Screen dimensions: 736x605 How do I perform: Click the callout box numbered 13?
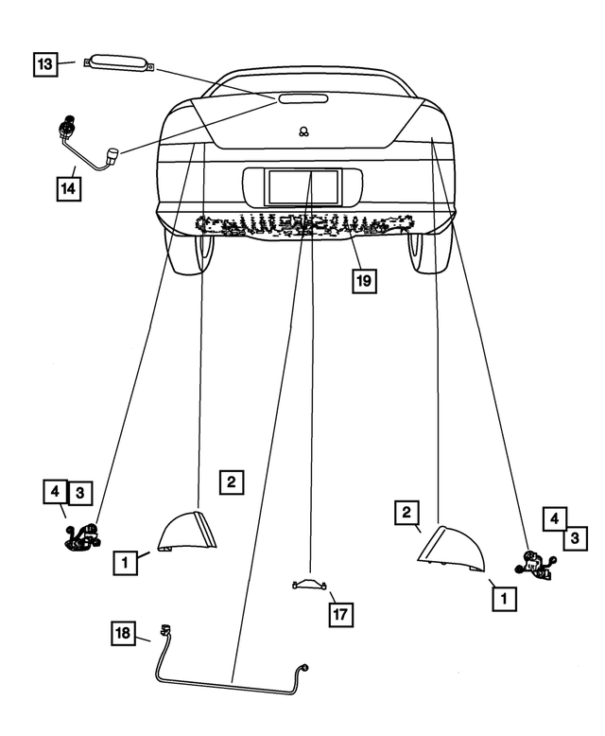(x=45, y=64)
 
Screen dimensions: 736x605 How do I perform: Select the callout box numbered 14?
(x=67, y=187)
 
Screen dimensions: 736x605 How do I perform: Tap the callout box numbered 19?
(x=365, y=280)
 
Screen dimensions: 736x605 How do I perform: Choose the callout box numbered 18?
(x=125, y=633)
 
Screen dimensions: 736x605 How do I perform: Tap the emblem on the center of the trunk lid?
(x=302, y=132)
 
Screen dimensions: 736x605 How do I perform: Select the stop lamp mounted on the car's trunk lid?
(x=302, y=98)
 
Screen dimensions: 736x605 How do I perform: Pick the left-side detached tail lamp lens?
(x=189, y=532)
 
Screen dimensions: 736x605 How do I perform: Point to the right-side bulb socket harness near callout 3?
(x=534, y=566)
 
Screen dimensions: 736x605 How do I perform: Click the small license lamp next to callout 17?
(x=310, y=585)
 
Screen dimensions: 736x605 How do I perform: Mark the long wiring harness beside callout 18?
(x=227, y=679)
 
